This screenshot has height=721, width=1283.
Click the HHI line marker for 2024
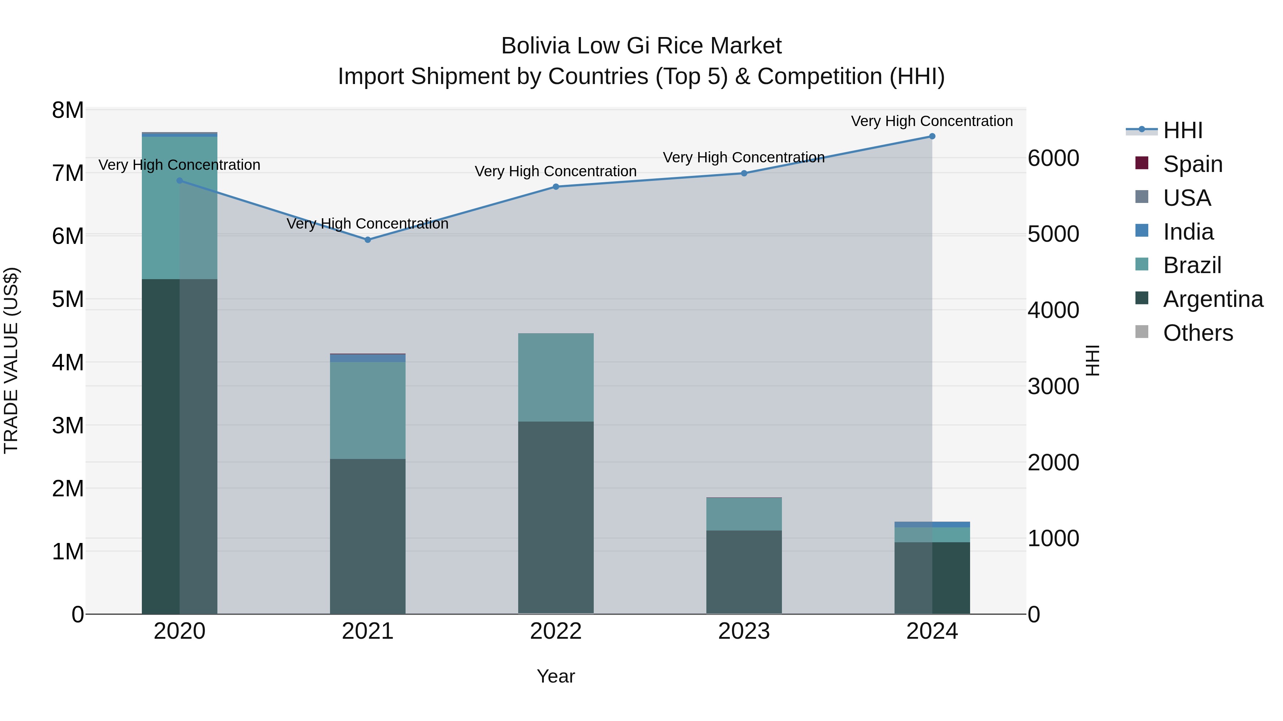[x=932, y=136]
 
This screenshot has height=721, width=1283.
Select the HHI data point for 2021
[x=367, y=240]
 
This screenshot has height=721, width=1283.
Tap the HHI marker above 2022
[x=556, y=187]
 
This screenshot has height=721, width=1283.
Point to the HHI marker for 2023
[x=744, y=173]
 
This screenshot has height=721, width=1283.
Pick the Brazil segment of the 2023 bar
[x=744, y=514]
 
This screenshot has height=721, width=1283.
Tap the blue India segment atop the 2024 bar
[x=932, y=524]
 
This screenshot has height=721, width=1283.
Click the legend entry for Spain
[x=1192, y=164]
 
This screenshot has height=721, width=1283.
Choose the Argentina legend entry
[x=1213, y=299]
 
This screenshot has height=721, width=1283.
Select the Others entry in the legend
[x=1198, y=333]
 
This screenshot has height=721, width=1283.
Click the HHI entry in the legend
[x=1183, y=130]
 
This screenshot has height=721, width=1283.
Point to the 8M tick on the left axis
[x=68, y=110]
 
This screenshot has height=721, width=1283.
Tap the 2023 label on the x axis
[x=744, y=631]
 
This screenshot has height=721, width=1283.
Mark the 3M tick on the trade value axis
[x=68, y=425]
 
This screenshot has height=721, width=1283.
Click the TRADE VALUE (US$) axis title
[x=11, y=360]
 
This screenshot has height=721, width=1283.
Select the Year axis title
[x=556, y=676]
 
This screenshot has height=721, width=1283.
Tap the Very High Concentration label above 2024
[x=932, y=121]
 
